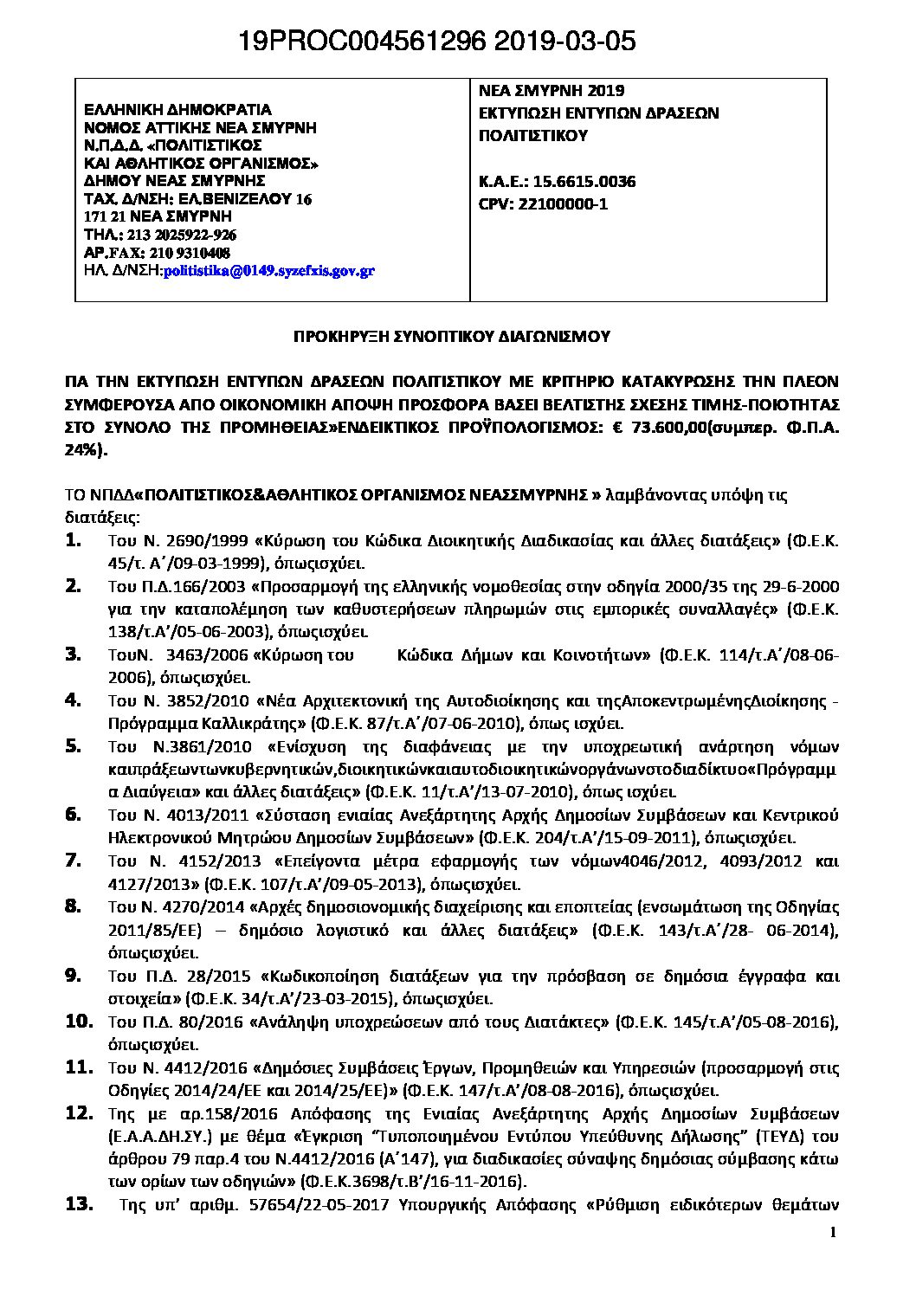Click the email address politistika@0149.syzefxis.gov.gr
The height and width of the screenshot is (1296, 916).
(268, 271)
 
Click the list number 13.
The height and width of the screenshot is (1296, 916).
(79, 1204)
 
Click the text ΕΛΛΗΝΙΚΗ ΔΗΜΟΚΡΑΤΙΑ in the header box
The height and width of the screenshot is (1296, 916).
(177, 110)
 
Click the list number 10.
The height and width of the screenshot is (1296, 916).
(79, 1021)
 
